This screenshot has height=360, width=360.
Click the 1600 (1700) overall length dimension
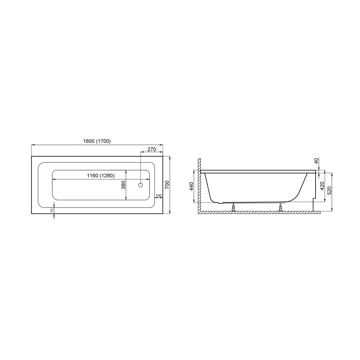(x=97, y=141)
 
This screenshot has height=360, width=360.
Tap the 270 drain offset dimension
(x=151, y=149)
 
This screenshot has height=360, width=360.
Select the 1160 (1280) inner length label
(x=101, y=175)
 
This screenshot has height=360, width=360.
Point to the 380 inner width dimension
(x=124, y=185)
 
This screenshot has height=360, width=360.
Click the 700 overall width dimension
(x=167, y=184)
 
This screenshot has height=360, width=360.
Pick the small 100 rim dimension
(x=158, y=195)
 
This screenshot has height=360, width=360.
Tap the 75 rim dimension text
(x=52, y=210)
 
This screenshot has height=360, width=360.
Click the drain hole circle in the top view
(x=141, y=185)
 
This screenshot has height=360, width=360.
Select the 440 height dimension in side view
(x=191, y=186)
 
